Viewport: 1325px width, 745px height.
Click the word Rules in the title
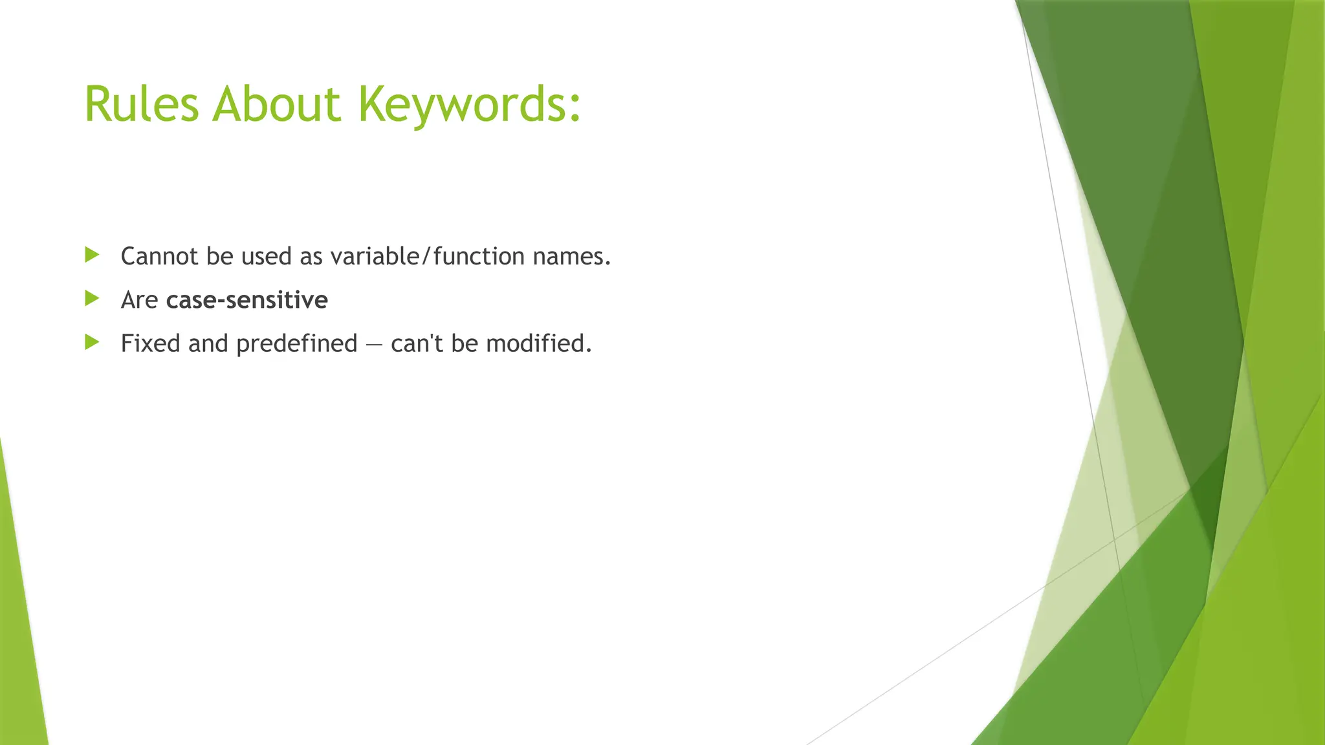click(x=141, y=104)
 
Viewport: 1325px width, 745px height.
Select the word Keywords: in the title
click(x=469, y=105)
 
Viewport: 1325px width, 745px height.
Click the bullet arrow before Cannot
click(x=92, y=255)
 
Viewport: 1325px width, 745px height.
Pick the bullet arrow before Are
click(x=92, y=298)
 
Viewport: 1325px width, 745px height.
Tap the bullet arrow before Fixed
click(x=92, y=342)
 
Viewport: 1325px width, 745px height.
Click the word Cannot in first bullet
click(x=159, y=257)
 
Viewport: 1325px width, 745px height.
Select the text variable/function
click(x=427, y=257)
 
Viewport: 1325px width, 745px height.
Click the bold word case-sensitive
click(x=246, y=300)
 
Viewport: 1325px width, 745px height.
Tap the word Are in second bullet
click(x=139, y=300)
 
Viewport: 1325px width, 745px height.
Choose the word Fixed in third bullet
click(x=150, y=343)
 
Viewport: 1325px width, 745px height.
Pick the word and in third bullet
click(x=208, y=343)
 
